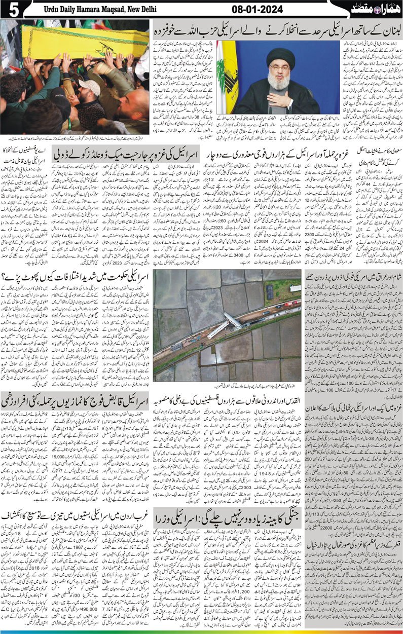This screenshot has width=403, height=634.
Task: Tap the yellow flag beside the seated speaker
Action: tap(227, 76)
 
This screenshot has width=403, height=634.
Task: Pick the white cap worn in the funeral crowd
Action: tap(89, 87)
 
